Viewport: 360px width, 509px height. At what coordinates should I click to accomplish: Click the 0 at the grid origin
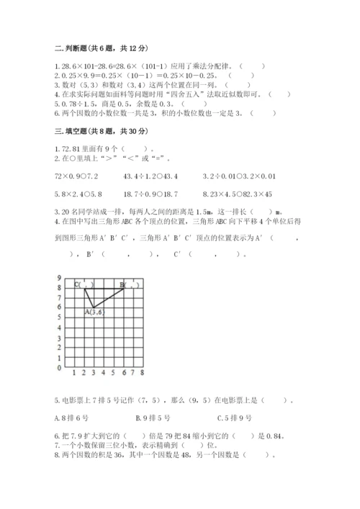coord(59,367)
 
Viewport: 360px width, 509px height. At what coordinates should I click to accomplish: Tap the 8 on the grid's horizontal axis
coord(142,374)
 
